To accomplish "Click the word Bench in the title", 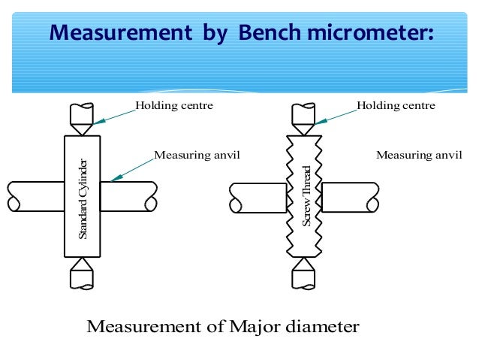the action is pos(269,32).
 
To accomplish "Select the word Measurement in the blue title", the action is pos(121,32).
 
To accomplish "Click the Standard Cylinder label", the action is pos(83,199).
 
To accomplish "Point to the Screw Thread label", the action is pos(306,196).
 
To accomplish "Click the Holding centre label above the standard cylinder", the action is pos(174,105).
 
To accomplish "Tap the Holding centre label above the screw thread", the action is pos(396,105).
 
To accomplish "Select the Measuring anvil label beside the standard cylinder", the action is pos(197,155).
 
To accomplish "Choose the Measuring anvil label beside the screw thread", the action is pos(419,155).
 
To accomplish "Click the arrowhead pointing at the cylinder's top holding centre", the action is pos(99,122).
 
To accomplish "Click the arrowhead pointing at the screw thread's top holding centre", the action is pos(321,122).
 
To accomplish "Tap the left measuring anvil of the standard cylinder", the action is pos(36,196).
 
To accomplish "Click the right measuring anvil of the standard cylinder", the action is pos(128,196).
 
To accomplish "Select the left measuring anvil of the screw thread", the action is pos(258,198).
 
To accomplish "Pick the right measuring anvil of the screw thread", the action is pos(351,198).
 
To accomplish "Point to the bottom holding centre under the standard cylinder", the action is pos(82,274).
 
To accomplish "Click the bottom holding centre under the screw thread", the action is pos(303,274).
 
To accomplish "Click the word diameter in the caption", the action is pos(322,327).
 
